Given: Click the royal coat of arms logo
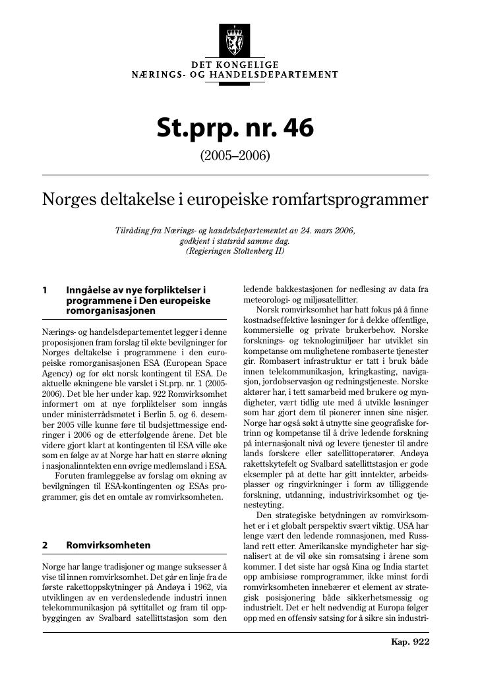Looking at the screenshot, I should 234,40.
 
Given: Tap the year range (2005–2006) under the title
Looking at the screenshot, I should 235,156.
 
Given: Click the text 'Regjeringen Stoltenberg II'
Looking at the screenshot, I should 235,251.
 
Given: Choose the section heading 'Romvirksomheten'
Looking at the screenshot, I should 108,545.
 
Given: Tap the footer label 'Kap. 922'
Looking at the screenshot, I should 410,641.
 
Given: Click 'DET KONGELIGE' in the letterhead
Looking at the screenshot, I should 235,65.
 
